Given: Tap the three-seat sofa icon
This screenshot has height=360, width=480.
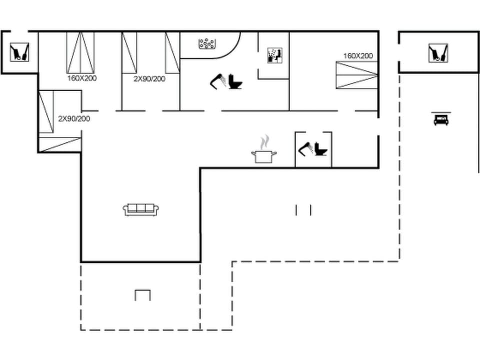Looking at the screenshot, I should pyautogui.click(x=141, y=209).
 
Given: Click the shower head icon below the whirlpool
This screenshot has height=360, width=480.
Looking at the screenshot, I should pyautogui.click(x=218, y=80).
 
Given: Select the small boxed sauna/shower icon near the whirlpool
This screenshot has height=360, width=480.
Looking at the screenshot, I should pyautogui.click(x=274, y=55).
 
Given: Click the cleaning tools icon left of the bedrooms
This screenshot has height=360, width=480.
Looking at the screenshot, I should pyautogui.click(x=19, y=51).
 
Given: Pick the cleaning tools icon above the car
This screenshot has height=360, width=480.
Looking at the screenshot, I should pyautogui.click(x=438, y=53).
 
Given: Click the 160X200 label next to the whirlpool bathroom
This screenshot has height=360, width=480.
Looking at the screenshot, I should pyautogui.click(x=358, y=56).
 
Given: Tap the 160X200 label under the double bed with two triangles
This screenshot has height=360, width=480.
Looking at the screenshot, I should pyautogui.click(x=82, y=78).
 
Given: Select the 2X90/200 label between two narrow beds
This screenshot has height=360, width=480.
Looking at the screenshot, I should pyautogui.click(x=149, y=79).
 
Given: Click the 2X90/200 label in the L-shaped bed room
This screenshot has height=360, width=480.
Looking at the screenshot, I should pyautogui.click(x=74, y=119).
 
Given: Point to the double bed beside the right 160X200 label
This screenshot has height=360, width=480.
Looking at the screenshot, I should pyautogui.click(x=356, y=75).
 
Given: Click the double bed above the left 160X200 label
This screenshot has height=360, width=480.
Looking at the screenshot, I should pyautogui.click(x=80, y=52).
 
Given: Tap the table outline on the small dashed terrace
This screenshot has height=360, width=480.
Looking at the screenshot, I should pyautogui.click(x=142, y=295).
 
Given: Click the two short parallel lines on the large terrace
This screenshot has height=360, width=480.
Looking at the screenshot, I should pyautogui.click(x=303, y=210).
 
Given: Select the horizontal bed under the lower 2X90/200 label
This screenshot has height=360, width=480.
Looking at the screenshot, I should pyautogui.click(x=60, y=143).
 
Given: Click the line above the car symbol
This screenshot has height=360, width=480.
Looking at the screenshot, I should pyautogui.click(x=441, y=112).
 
